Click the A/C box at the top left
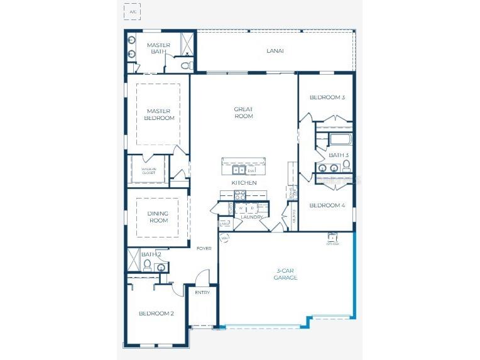coord(132,11)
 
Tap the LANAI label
coord(275,51)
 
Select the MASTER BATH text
coord(158,48)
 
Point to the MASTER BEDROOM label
coord(159,114)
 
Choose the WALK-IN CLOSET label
coord(148,170)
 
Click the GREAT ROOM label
coord(244,112)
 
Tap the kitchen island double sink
coord(239,170)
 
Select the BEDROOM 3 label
coord(327,97)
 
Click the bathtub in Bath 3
coord(340,139)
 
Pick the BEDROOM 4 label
coord(327,205)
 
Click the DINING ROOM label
coord(158,217)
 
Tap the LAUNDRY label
coord(251,217)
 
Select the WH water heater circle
coord(224,239)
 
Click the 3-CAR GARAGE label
coord(285,274)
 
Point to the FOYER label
coord(204,248)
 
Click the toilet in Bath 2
coord(146,266)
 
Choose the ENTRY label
coord(202,292)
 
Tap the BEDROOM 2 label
coord(156,313)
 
